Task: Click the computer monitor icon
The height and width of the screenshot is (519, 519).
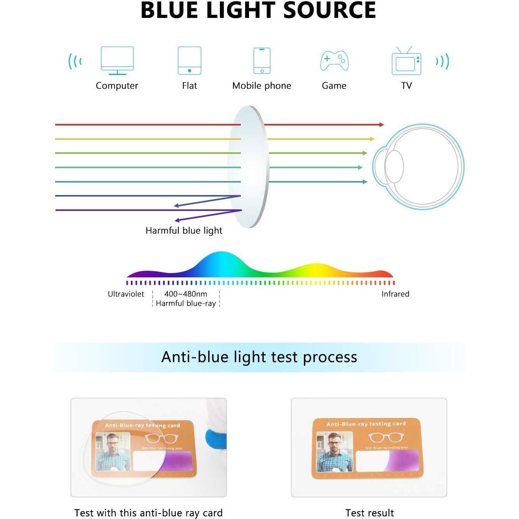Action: (x=117, y=60)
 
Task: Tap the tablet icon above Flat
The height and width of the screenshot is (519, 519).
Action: (x=190, y=60)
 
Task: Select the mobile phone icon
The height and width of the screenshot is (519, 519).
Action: (x=262, y=60)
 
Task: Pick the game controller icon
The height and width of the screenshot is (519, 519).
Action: (x=334, y=61)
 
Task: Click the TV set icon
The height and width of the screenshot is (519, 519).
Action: (x=406, y=62)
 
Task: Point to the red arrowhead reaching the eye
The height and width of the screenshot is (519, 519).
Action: (x=381, y=125)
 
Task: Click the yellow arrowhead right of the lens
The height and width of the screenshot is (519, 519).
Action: (x=372, y=139)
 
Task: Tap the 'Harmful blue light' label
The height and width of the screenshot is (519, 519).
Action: (x=184, y=230)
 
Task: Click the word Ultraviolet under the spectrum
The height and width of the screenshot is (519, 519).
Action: (x=126, y=294)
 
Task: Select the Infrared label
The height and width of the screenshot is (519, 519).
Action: (x=395, y=294)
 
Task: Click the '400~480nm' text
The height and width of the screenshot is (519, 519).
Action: (x=186, y=294)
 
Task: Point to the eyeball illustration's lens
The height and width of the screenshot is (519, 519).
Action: (x=394, y=167)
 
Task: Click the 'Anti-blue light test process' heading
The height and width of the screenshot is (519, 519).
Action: (x=259, y=357)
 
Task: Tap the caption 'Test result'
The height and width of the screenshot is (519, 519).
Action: (x=369, y=513)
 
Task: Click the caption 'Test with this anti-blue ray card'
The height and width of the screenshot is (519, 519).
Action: (x=148, y=513)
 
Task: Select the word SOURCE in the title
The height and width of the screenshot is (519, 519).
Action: (x=329, y=10)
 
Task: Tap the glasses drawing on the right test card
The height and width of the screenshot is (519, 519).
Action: (x=386, y=437)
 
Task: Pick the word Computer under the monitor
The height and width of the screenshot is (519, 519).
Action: (x=117, y=85)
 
